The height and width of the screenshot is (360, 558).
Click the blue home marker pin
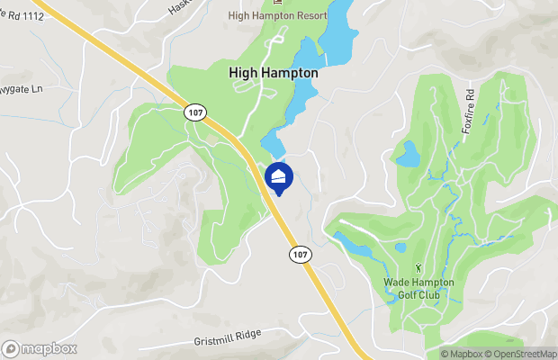(x=279, y=176)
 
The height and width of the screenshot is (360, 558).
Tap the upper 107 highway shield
(x=195, y=112)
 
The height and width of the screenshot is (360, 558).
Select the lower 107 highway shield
(x=300, y=255)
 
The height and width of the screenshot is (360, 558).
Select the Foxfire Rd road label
(x=468, y=109)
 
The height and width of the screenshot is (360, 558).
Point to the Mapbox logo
(x=39, y=348)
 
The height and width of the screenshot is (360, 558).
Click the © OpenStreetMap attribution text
(x=522, y=354)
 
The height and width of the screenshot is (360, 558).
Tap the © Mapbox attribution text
(x=461, y=354)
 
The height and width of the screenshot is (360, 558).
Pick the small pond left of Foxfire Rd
(x=408, y=154)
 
